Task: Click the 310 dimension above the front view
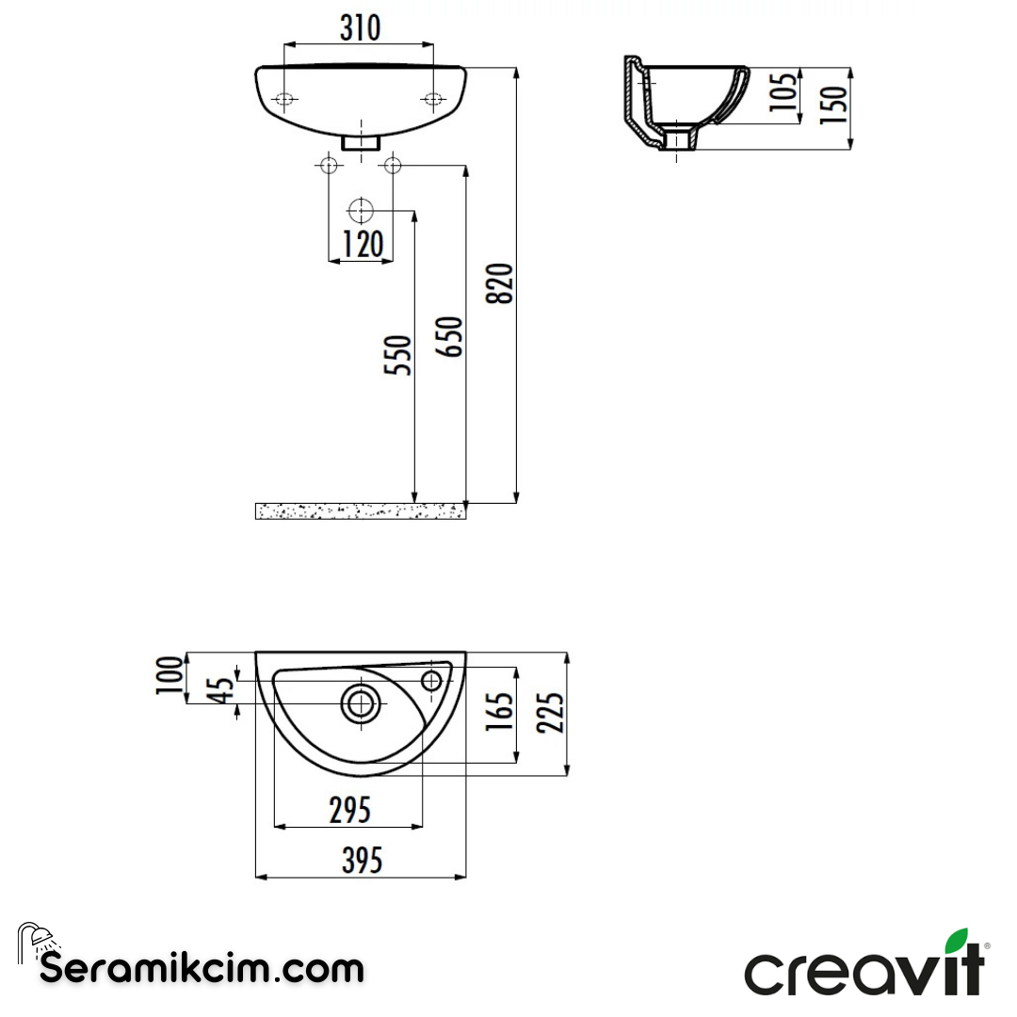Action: click(x=360, y=28)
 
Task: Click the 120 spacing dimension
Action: click(x=362, y=245)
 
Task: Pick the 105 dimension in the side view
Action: click(x=783, y=92)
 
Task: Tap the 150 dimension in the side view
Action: click(x=834, y=99)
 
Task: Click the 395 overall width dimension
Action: click(x=362, y=860)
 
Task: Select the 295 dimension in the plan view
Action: click(x=348, y=809)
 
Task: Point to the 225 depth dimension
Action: click(x=553, y=713)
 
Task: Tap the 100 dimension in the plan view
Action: click(x=170, y=675)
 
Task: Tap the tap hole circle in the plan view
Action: click(x=432, y=680)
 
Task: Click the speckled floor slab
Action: click(x=361, y=511)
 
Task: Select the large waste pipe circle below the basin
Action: click(x=361, y=210)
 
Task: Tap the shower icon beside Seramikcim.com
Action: click(x=37, y=938)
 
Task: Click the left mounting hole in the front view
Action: click(x=284, y=100)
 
